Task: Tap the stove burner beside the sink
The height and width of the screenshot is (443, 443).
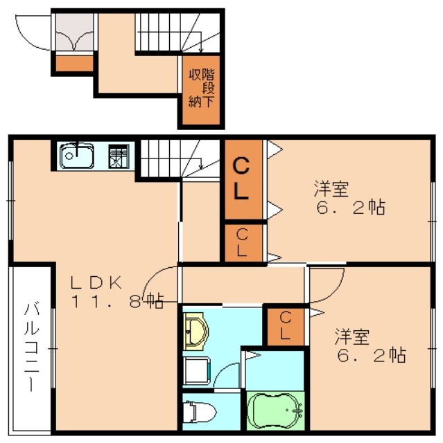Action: (119, 156)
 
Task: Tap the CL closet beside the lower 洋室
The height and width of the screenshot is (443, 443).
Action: (284, 326)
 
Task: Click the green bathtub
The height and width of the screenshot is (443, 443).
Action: (276, 411)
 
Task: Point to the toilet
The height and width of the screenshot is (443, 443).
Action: (200, 413)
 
